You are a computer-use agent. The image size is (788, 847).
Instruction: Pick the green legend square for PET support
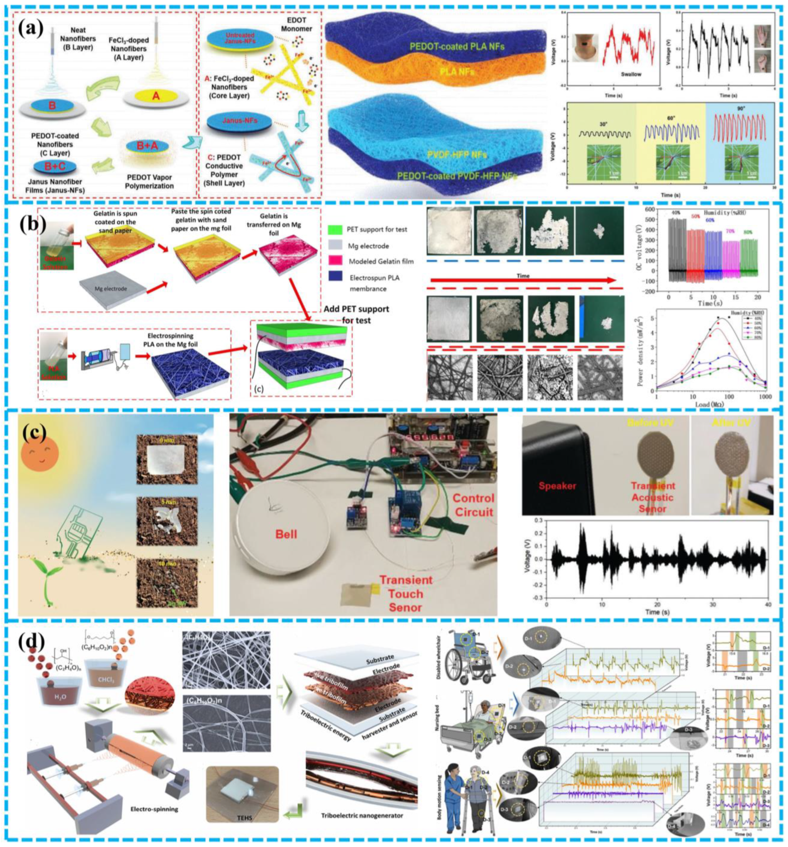335,229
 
